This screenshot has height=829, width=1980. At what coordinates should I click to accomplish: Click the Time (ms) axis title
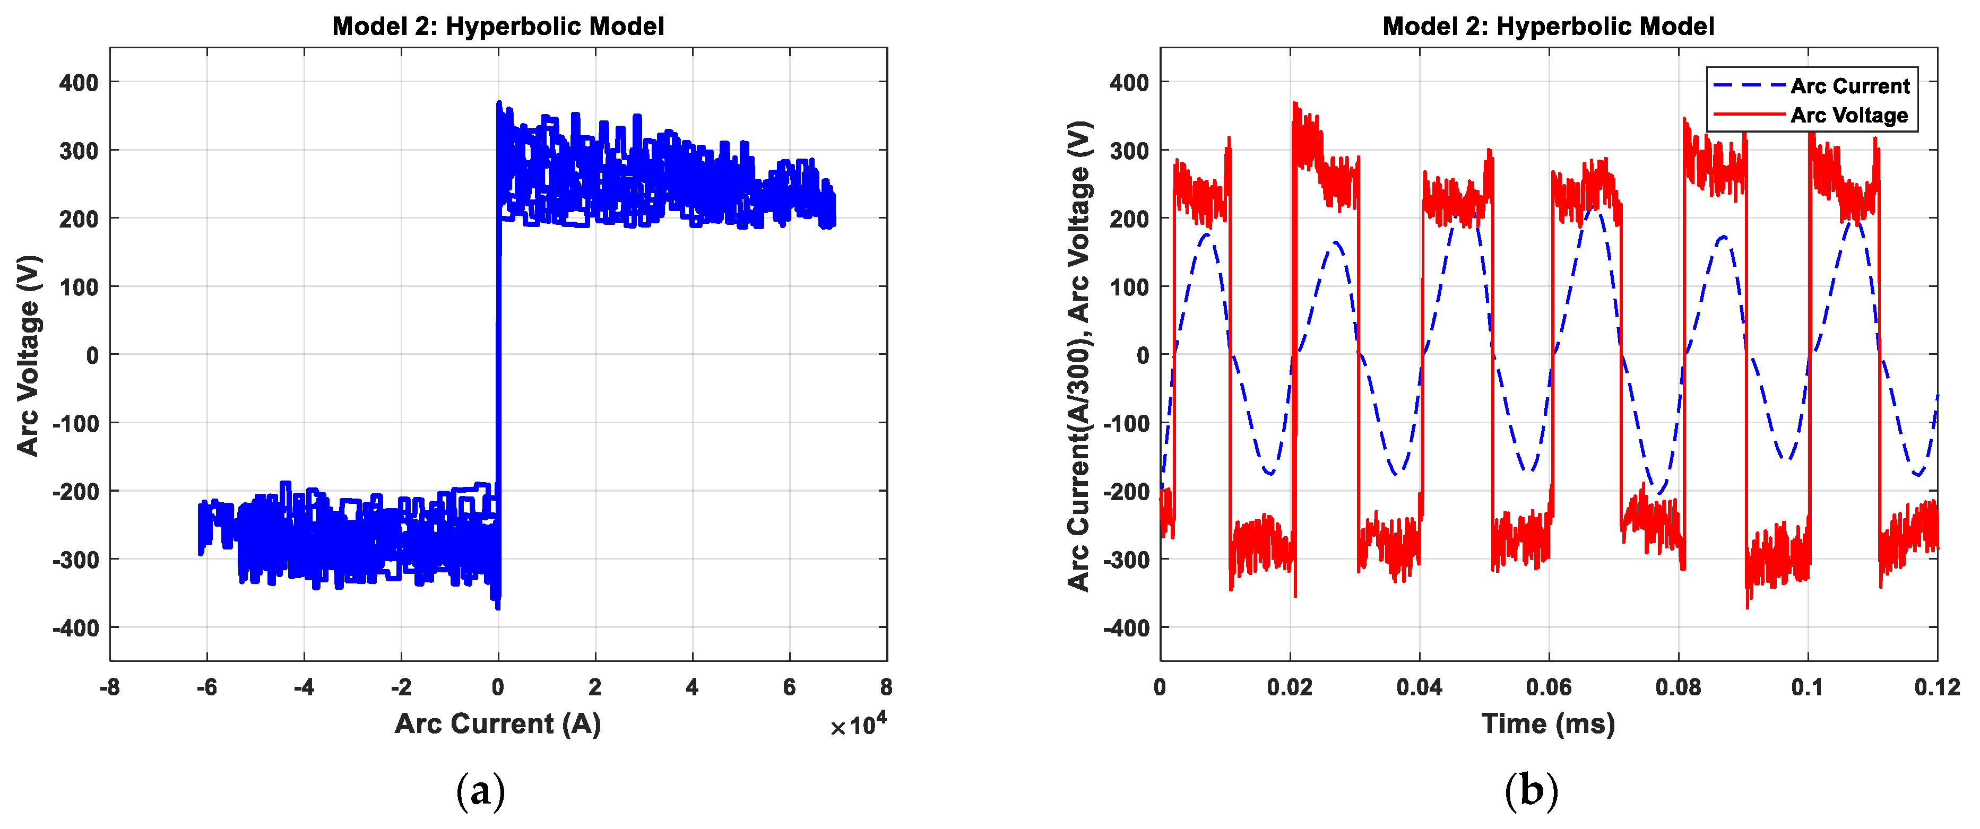(1547, 724)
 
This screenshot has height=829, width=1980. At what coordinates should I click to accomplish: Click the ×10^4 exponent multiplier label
(859, 724)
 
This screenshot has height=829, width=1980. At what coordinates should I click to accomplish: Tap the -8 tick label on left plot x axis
(110, 687)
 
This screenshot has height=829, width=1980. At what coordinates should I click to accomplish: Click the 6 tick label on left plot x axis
(789, 687)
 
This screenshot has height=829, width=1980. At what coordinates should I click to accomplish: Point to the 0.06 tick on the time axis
(1548, 687)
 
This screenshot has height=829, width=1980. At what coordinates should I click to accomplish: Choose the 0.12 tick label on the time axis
(1936, 687)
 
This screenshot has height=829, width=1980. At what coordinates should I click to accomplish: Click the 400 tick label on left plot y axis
(79, 82)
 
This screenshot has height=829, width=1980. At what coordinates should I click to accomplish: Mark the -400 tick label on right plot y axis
(1126, 629)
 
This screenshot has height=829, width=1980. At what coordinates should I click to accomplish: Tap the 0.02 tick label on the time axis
(1289, 687)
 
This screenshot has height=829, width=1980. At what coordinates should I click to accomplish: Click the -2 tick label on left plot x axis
(401, 687)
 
